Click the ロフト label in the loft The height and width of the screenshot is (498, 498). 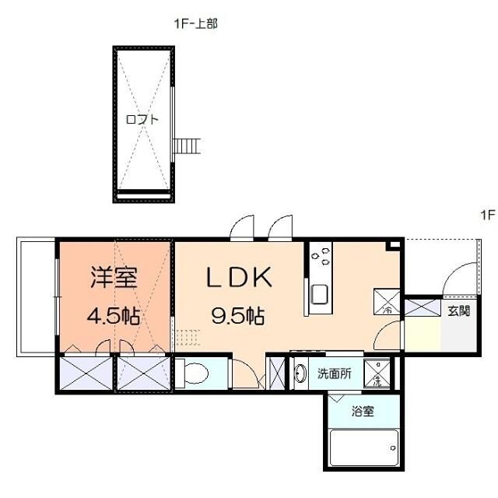(142, 119)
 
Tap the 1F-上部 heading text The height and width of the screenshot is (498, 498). (195, 24)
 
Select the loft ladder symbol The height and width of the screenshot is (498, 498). (188, 146)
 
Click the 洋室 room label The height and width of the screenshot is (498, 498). (114, 277)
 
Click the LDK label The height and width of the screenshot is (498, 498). (238, 277)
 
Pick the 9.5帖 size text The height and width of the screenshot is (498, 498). (237, 316)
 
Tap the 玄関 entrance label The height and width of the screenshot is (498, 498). (458, 311)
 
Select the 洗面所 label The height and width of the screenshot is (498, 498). (334, 373)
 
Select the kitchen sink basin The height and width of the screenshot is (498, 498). (320, 294)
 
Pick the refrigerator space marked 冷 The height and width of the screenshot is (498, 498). (388, 301)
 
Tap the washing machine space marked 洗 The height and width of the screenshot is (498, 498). (377, 373)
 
